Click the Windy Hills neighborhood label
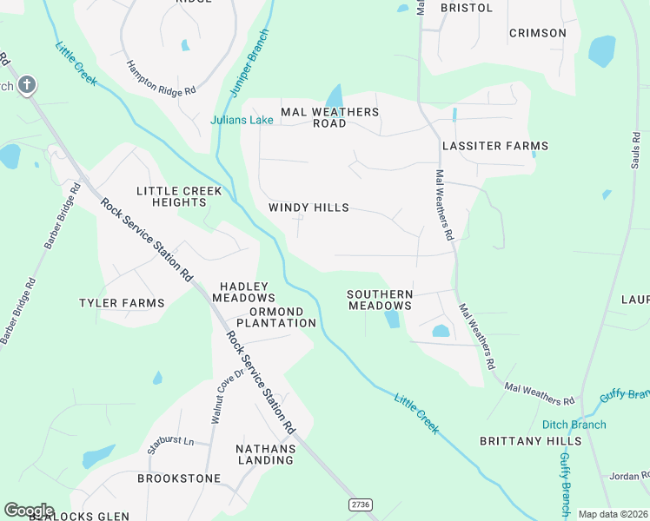(x=308, y=208)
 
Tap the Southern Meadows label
(x=380, y=300)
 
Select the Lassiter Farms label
(x=495, y=146)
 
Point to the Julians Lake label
(x=242, y=120)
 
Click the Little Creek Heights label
(x=179, y=196)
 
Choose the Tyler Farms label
(x=122, y=303)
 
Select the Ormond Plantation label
(x=276, y=317)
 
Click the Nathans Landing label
(x=266, y=454)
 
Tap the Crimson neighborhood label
(x=537, y=33)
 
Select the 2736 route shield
(x=361, y=505)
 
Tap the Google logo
(x=29, y=511)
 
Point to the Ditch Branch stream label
(x=574, y=425)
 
